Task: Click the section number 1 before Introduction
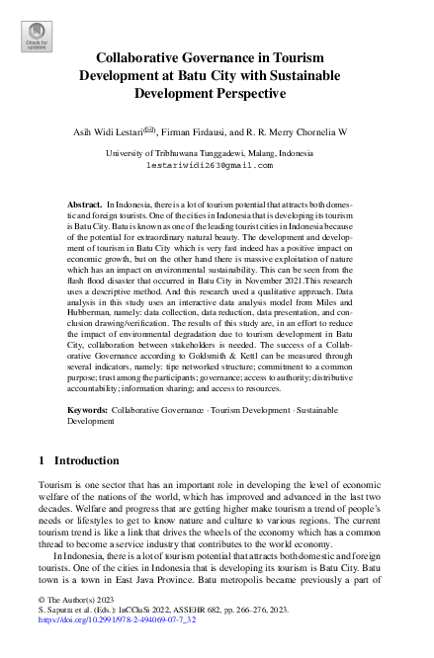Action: tap(42, 460)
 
